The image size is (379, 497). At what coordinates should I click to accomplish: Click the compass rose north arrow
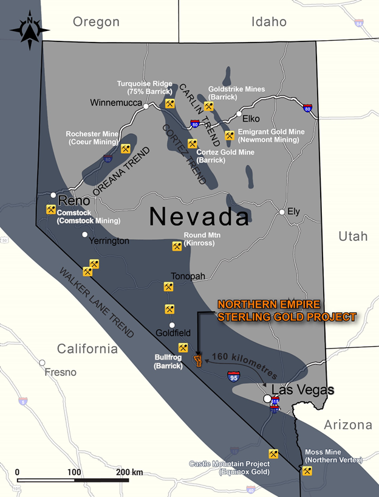pyautogui.click(x=30, y=30)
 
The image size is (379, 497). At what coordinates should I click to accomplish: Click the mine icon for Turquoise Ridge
pyautogui.click(x=170, y=104)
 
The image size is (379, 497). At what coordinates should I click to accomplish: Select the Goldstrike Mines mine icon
pyautogui.click(x=208, y=106)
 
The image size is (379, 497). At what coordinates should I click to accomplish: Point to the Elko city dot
pyautogui.click(x=239, y=114)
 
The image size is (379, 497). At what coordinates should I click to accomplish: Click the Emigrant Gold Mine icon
pyautogui.click(x=229, y=136)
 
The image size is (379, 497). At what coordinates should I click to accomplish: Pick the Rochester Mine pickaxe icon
pyautogui.click(x=125, y=148)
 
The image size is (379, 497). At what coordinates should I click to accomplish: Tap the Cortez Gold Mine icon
pyautogui.click(x=192, y=144)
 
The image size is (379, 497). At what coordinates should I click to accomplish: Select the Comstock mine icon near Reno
pyautogui.click(x=50, y=209)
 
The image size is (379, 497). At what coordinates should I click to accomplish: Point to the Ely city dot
pyautogui.click(x=282, y=212)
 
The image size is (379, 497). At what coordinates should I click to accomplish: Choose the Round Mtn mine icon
pyautogui.click(x=177, y=246)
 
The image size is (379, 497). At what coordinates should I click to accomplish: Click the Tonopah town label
pyautogui.click(x=188, y=276)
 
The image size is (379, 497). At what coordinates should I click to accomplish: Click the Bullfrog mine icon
pyautogui.click(x=183, y=347)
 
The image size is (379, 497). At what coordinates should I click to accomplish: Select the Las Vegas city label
pyautogui.click(x=302, y=389)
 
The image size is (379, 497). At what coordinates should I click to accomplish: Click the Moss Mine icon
pyautogui.click(x=307, y=471)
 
